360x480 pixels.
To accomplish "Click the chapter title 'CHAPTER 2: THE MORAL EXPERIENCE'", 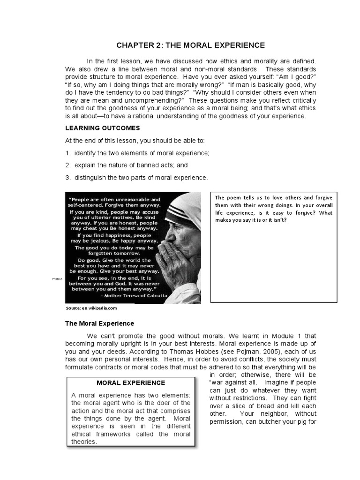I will tap(191, 45).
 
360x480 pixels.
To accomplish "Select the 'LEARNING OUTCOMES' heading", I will tap(102, 128).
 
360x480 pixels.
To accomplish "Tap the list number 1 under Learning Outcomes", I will tap(67, 153).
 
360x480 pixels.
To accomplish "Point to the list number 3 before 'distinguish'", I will tap(67, 178).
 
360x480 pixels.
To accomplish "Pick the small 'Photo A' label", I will tap(57, 279).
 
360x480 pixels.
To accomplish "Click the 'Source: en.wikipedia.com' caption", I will tap(91, 308).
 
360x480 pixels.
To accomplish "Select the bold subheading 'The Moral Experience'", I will tap(99, 323).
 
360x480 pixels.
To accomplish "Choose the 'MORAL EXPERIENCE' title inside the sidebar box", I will tap(131, 383).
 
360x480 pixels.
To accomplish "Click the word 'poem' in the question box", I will tap(234, 197).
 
